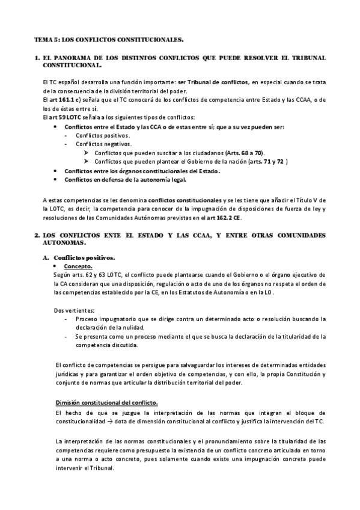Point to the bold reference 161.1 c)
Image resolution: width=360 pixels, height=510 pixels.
pos(69,99)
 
